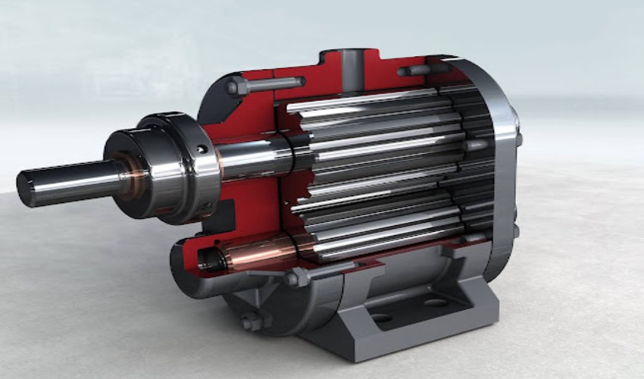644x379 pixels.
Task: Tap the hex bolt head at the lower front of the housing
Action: click(292, 278)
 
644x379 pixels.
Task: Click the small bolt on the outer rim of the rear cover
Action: click(518, 139)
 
